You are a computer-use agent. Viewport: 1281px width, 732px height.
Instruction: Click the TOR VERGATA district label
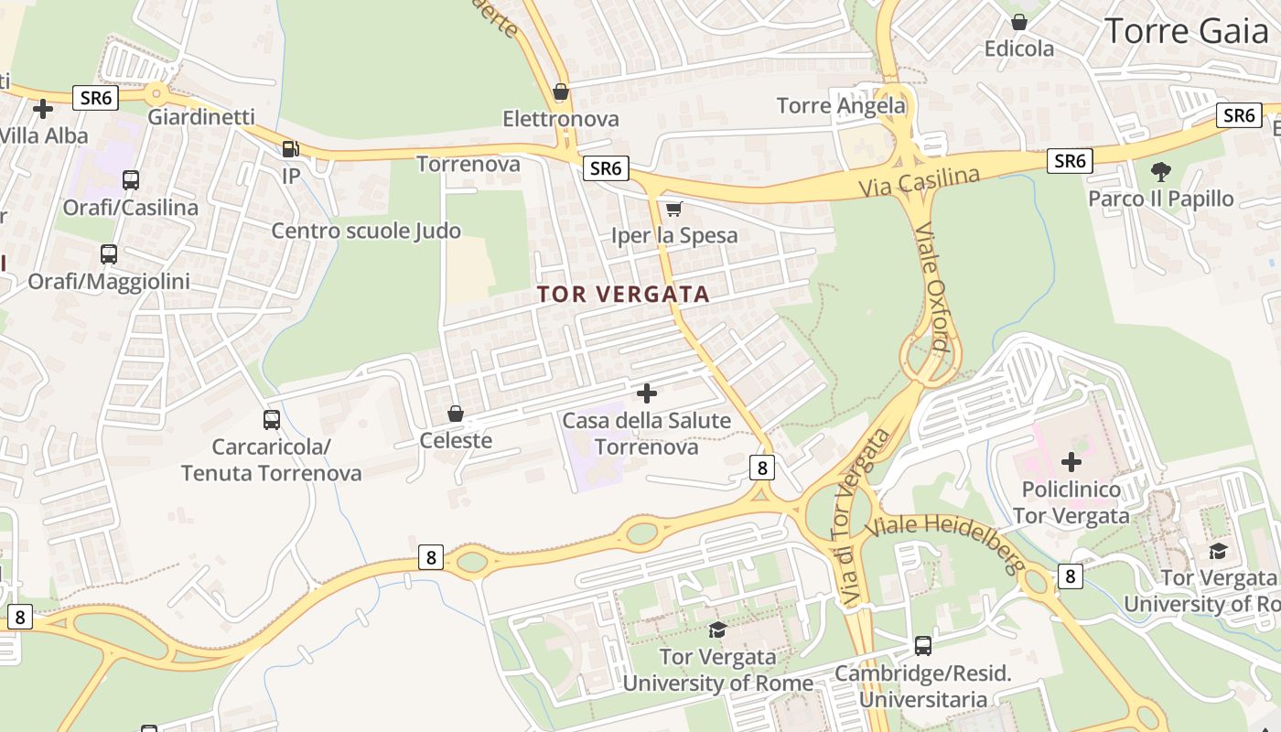click(623, 294)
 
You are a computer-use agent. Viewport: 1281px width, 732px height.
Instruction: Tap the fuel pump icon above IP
click(290, 148)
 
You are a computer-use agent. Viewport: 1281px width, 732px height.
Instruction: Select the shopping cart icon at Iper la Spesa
click(674, 210)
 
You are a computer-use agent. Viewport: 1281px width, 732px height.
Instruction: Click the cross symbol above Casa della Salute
click(647, 394)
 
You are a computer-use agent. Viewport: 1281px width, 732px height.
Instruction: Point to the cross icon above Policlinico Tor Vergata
click(1071, 462)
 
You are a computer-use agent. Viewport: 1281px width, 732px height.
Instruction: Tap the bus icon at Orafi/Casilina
click(131, 180)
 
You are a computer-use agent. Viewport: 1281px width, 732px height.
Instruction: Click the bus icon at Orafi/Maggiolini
click(109, 254)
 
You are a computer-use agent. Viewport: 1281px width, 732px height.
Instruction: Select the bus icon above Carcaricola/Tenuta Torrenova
click(272, 420)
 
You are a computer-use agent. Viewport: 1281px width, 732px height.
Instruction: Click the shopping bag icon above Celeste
click(456, 414)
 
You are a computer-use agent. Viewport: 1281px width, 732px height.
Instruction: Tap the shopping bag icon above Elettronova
click(561, 92)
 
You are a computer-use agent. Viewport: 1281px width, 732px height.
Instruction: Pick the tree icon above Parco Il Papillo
click(1160, 171)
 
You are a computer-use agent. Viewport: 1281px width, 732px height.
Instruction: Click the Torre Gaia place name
click(1186, 31)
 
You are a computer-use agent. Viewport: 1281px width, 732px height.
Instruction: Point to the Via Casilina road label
click(919, 181)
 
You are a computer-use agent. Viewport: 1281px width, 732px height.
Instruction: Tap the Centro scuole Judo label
click(366, 231)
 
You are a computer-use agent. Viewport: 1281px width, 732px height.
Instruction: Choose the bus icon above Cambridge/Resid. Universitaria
click(923, 646)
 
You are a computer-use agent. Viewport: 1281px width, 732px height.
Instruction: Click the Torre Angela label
click(841, 105)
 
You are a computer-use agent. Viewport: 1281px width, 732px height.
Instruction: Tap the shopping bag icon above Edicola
click(1019, 22)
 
